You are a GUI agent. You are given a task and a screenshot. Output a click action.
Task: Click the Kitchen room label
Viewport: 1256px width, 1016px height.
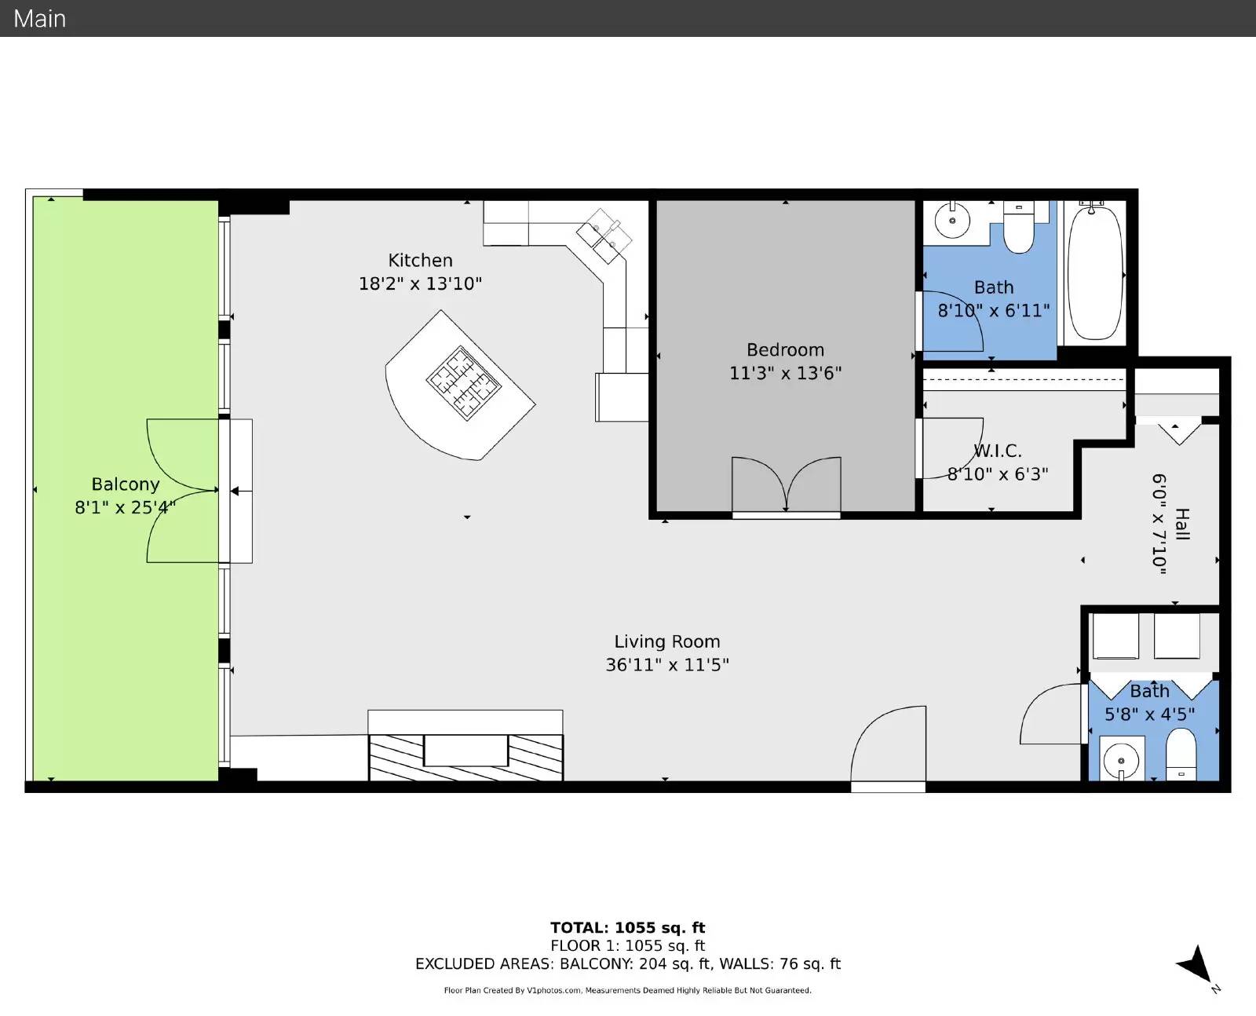tap(420, 260)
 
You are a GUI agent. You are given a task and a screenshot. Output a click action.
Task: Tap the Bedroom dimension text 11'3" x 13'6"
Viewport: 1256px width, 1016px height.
tap(786, 373)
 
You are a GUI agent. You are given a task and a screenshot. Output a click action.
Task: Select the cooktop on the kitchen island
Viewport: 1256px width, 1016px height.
tap(463, 383)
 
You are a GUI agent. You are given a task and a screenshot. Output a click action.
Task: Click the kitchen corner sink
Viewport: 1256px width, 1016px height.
tap(604, 236)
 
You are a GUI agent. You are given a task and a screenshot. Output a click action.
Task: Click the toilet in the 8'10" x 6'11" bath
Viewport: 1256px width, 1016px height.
tap(1019, 227)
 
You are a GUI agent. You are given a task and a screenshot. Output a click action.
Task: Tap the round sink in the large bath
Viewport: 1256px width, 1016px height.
tap(952, 220)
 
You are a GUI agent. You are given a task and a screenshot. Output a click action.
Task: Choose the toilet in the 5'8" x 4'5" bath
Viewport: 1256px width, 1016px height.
tap(1181, 755)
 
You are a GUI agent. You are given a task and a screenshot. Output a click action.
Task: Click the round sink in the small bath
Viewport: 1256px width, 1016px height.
tap(1120, 761)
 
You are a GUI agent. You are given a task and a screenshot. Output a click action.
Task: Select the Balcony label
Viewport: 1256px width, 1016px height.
tap(126, 484)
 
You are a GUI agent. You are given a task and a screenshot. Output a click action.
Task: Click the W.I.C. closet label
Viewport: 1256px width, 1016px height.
tap(997, 451)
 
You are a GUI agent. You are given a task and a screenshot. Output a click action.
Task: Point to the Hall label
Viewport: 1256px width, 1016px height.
tap(1182, 524)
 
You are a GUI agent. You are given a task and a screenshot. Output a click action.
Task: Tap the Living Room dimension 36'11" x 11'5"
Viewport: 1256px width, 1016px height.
tap(667, 664)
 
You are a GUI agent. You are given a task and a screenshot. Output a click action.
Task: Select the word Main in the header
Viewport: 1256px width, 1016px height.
tap(39, 19)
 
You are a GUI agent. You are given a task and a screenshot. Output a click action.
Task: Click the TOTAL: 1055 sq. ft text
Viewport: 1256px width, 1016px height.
tap(628, 927)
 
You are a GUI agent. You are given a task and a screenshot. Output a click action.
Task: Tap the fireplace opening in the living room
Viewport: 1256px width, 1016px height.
tap(466, 750)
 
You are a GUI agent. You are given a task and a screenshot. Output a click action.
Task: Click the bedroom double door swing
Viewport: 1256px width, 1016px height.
tap(786, 484)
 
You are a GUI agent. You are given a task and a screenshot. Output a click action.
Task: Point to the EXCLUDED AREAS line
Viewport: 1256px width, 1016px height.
tap(628, 963)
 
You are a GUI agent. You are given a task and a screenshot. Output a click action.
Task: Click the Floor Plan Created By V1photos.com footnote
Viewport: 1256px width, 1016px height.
tap(628, 990)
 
